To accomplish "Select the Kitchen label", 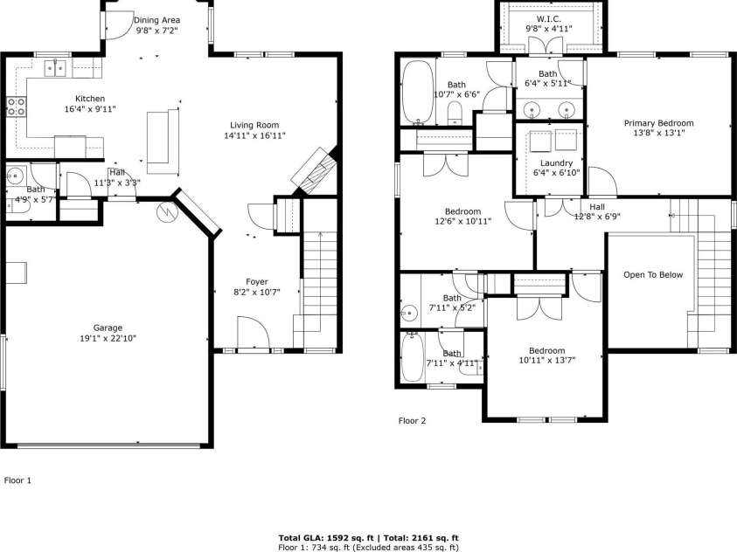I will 90,98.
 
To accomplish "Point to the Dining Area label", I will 157,19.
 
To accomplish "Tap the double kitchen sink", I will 56,66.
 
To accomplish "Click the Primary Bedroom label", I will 658,123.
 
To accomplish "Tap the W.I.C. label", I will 549,18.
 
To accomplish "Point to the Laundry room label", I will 556,163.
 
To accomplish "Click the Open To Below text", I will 653,274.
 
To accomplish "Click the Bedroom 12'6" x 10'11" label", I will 462,211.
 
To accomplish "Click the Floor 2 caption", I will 412,421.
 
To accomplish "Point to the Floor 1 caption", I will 18,480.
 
